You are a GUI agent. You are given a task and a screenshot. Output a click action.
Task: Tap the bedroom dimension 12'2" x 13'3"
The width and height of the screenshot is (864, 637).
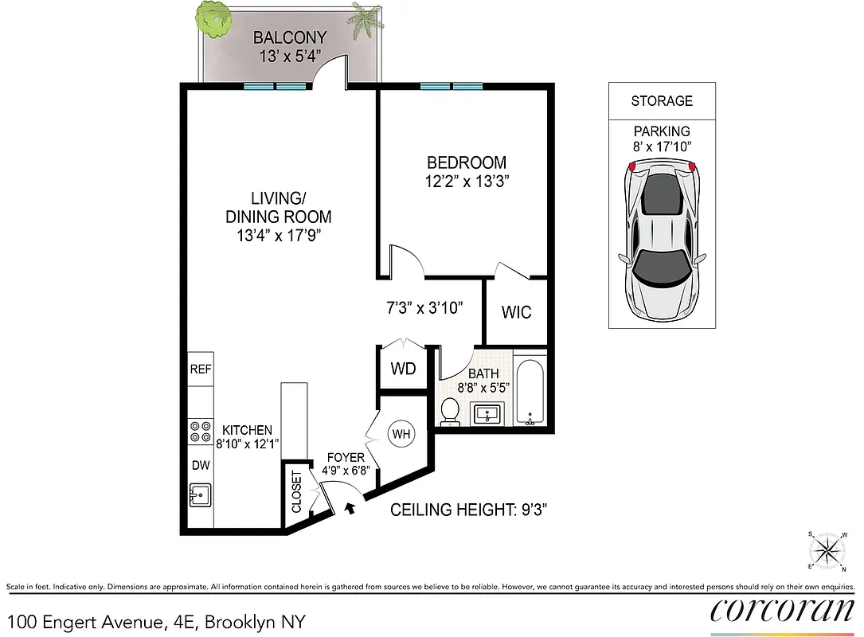coord(466,181)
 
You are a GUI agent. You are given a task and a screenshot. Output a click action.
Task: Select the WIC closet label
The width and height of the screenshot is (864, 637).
coord(516,312)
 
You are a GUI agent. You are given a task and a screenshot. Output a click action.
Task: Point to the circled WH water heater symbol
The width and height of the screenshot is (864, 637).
coord(400,434)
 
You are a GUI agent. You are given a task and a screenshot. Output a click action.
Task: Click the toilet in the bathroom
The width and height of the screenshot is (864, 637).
coord(450,412)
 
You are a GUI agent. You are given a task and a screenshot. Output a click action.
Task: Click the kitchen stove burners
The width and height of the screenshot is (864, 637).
coord(198,432)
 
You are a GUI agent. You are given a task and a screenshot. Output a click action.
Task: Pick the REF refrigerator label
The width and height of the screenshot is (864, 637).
coord(200,369)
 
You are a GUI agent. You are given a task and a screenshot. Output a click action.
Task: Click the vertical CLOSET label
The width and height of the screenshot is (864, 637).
coord(296,493)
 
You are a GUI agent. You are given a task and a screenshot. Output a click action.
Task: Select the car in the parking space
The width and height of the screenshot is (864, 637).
coord(662,239)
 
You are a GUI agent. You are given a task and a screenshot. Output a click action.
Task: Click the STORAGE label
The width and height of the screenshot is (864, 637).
coord(662,101)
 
